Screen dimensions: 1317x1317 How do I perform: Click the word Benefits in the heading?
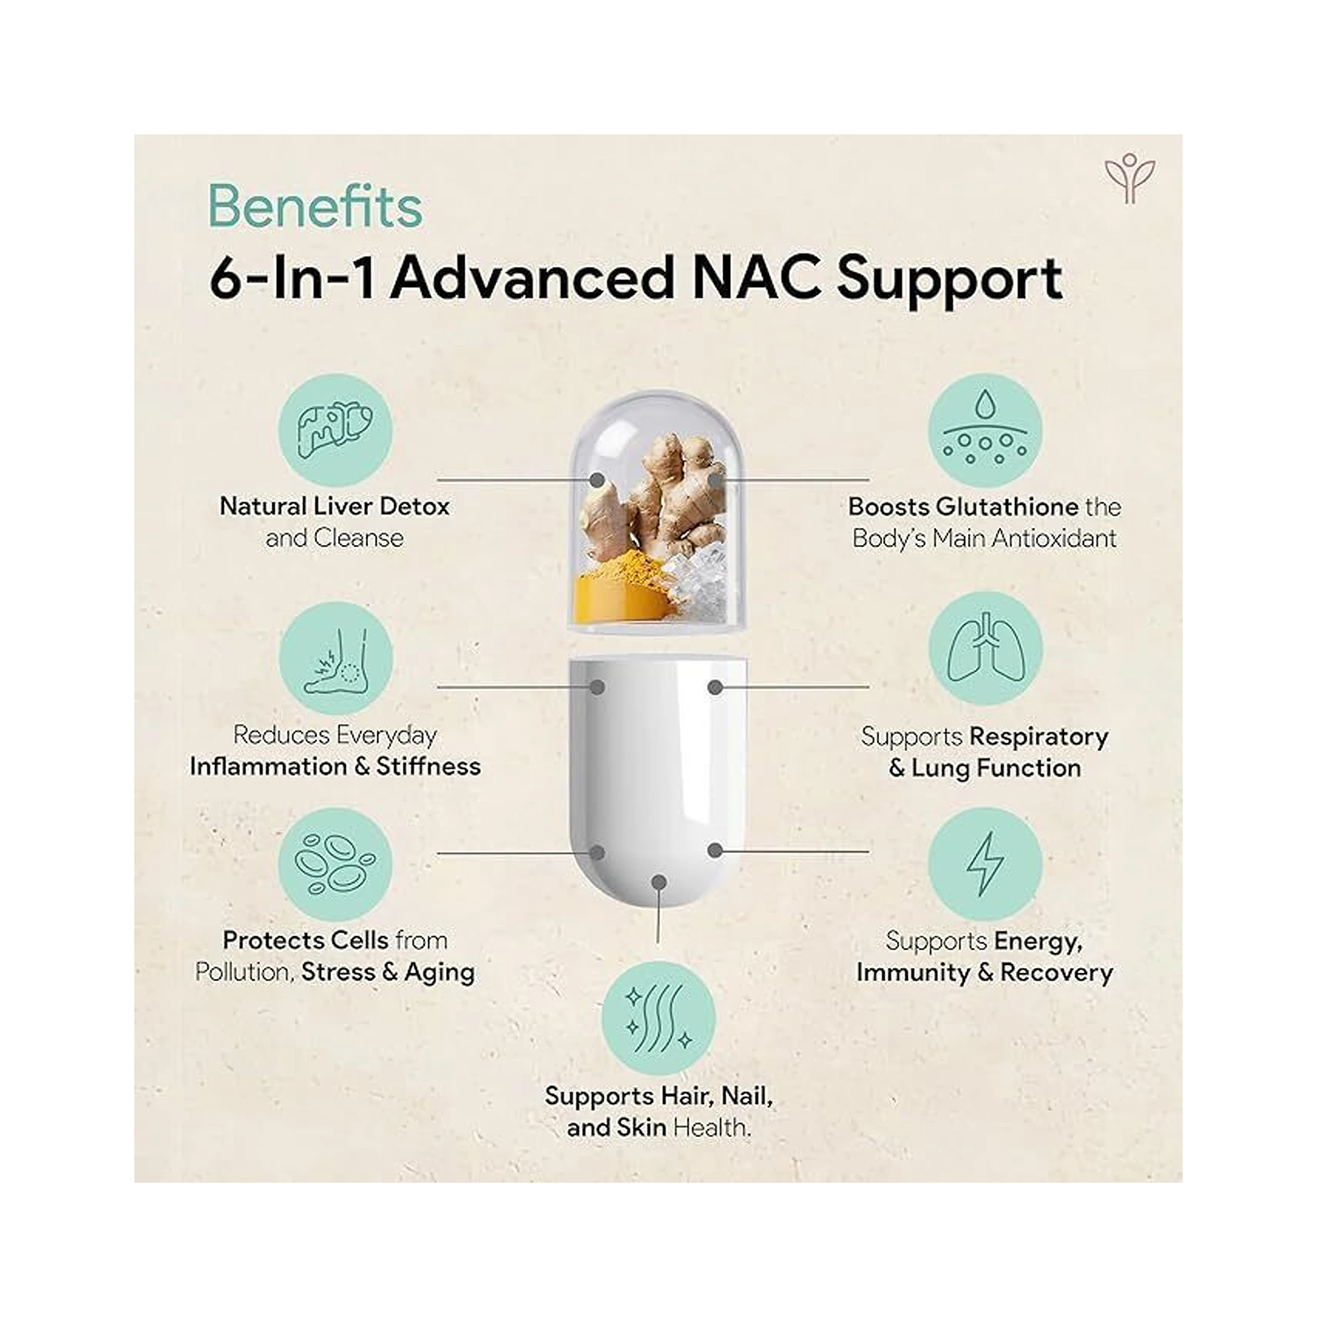click(x=315, y=206)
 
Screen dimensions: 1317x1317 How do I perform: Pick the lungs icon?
click(x=985, y=648)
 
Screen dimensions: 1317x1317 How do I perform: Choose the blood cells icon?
click(x=335, y=865)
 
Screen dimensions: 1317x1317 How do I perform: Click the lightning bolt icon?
click(x=985, y=865)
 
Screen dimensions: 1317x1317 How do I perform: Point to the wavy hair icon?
click(x=658, y=1018)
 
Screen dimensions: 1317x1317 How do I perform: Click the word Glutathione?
click(x=1007, y=507)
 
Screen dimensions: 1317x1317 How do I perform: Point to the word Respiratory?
click(x=1039, y=737)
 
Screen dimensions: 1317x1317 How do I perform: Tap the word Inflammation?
click(x=269, y=766)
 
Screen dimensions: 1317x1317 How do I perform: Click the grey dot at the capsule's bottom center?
click(x=659, y=881)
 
